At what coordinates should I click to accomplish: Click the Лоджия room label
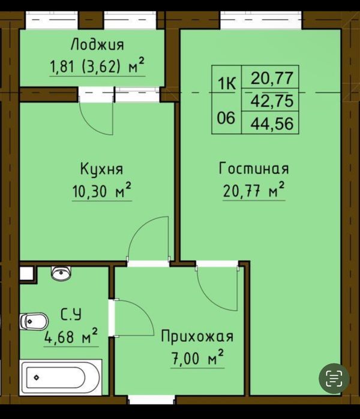[x=97, y=45]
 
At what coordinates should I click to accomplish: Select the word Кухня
[x=101, y=169]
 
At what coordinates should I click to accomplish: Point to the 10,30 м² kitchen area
[x=101, y=191]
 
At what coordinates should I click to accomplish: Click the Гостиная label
[x=254, y=168]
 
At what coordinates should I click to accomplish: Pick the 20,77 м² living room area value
[x=254, y=191]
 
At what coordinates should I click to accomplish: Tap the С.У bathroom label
[x=71, y=315]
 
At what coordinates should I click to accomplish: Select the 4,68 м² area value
[x=71, y=336]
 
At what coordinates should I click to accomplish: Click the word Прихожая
[x=197, y=336]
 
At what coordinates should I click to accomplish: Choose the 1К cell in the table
[x=227, y=84]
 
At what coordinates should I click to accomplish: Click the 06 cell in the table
[x=226, y=118]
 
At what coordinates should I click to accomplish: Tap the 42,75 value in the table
[x=272, y=101]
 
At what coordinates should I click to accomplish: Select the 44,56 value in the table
[x=272, y=123]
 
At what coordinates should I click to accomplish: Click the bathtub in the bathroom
[x=61, y=378]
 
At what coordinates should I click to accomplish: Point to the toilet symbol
[x=34, y=321]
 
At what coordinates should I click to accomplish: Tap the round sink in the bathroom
[x=61, y=273]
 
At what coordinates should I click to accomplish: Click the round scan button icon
[x=334, y=379]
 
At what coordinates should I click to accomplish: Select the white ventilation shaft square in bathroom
[x=26, y=273]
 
